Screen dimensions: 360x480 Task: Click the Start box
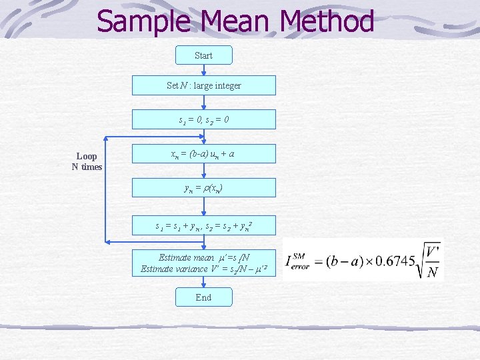tap(203, 55)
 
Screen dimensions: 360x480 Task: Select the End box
tap(203, 297)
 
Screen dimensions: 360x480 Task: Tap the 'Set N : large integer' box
tap(203, 85)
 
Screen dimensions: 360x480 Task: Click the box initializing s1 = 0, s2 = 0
tap(203, 119)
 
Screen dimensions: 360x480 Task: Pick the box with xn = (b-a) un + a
tap(203, 154)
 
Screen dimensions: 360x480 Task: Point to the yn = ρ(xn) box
tap(203, 188)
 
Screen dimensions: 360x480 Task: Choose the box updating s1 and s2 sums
tap(203, 227)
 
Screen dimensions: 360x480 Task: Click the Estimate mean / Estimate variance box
tap(203, 263)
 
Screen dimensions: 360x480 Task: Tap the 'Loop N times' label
tap(87, 162)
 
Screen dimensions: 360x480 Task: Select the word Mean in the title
tap(238, 21)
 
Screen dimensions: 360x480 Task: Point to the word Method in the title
tap(327, 21)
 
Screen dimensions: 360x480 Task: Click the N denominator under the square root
tap(431, 273)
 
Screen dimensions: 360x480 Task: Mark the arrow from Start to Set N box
tap(203, 70)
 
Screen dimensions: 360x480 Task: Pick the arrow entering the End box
tap(203, 283)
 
